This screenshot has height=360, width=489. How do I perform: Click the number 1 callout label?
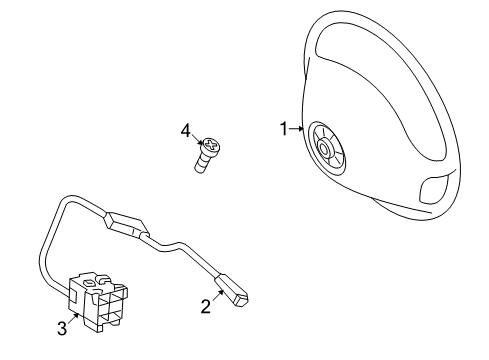tap(283, 128)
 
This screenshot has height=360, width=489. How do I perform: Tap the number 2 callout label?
tap(206, 307)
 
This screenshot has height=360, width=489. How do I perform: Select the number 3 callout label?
tap(61, 327)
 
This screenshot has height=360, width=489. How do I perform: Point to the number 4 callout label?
tap(185, 130)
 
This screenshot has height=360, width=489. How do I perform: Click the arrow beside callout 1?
tap(297, 129)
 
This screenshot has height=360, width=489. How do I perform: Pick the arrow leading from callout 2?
tap(217, 297)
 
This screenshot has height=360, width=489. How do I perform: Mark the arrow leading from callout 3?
tap(71, 316)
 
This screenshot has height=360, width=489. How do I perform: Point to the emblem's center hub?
tap(326, 149)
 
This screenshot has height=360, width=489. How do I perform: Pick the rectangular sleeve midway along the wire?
tap(128, 223)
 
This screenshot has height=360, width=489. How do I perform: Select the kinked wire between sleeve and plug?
tap(185, 249)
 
